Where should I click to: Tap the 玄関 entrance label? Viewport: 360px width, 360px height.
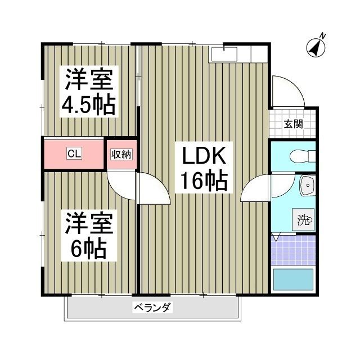(292, 124)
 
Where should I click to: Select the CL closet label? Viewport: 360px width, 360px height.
(73, 153)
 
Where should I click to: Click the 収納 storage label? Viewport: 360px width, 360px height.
(121, 154)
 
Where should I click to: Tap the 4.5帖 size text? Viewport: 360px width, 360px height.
(89, 105)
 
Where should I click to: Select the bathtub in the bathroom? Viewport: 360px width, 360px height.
(292, 279)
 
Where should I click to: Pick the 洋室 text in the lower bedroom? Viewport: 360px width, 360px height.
(89, 223)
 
